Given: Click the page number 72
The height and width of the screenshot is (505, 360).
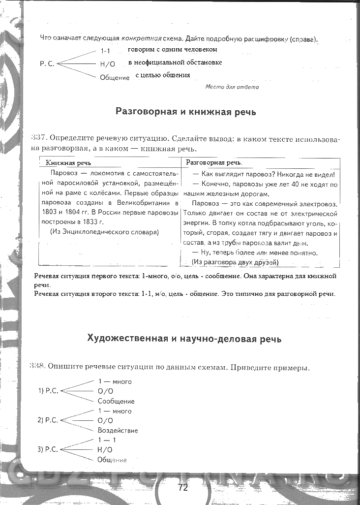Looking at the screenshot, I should click(183, 488).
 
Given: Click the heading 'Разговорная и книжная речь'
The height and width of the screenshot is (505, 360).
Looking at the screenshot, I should click(185, 111).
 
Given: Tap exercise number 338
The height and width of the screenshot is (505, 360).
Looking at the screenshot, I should click(37, 366).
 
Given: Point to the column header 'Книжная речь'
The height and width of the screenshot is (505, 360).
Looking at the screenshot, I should click(68, 163).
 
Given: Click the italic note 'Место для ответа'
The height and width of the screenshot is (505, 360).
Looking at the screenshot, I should click(232, 87).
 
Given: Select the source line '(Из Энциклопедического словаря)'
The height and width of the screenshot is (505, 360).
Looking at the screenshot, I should click(105, 232).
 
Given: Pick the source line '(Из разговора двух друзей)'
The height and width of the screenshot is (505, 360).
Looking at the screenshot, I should click(235, 262).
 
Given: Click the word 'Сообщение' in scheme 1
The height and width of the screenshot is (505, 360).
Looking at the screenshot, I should click(116, 401).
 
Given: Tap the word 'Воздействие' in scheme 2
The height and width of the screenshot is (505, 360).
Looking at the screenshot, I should click(118, 430).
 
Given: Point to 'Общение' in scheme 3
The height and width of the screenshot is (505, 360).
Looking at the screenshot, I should click(112, 460).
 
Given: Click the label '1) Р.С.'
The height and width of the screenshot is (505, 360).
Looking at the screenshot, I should click(48, 391).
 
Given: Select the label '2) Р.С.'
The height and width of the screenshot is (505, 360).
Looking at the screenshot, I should click(48, 420).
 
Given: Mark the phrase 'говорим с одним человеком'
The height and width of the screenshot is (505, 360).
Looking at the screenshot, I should click(173, 50).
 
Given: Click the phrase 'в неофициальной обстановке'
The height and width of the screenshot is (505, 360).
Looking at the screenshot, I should click(175, 63).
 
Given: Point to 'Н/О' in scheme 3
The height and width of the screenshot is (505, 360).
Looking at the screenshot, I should click(105, 449).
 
